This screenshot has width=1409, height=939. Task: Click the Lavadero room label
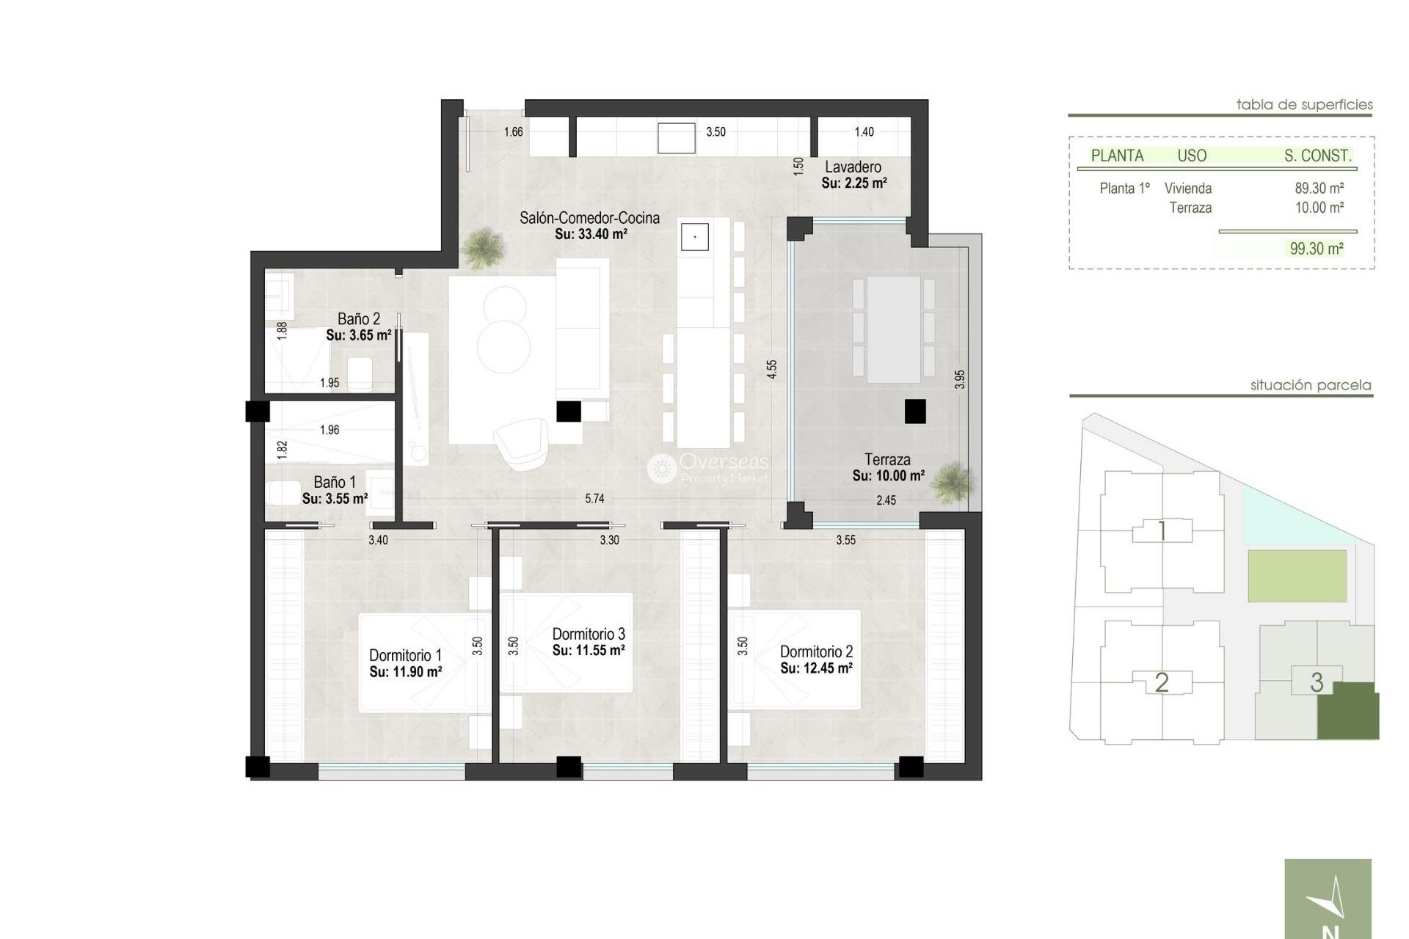click(x=853, y=167)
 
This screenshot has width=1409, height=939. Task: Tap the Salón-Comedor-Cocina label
click(x=589, y=218)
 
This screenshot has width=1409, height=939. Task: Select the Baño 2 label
click(x=359, y=319)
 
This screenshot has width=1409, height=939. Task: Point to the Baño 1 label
click(x=335, y=482)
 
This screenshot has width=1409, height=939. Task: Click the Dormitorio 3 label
click(x=589, y=634)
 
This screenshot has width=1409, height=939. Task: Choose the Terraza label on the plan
click(x=887, y=460)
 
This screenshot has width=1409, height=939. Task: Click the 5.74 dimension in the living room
click(x=594, y=499)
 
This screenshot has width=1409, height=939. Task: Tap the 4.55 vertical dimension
click(x=771, y=369)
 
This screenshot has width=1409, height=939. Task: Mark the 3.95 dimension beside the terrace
click(x=960, y=379)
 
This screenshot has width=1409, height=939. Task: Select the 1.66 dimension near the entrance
click(x=513, y=132)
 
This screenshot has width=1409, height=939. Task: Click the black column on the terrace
click(x=914, y=411)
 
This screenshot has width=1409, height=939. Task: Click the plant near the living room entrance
click(x=484, y=247)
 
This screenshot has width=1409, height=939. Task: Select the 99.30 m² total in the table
click(x=1317, y=249)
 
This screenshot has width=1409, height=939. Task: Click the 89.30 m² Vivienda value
click(x=1319, y=189)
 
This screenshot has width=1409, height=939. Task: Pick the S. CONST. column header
click(x=1317, y=156)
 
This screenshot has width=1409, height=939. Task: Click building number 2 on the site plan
click(x=1161, y=683)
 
